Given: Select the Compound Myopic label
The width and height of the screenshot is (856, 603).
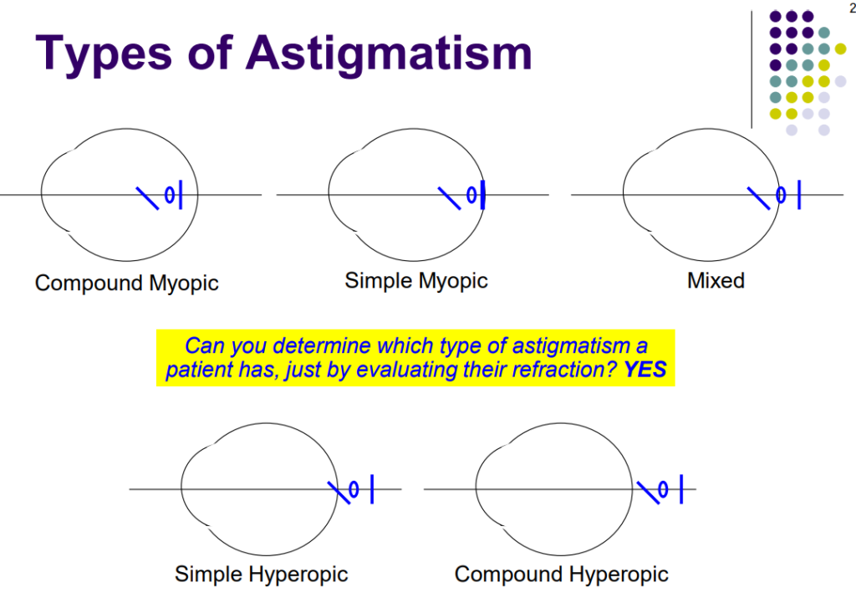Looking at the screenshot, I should tap(127, 284).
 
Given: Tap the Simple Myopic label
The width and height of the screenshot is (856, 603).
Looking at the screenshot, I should tap(416, 281).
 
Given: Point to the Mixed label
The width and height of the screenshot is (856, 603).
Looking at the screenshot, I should tap(716, 281).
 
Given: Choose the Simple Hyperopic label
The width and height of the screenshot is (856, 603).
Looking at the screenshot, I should tap(261, 575).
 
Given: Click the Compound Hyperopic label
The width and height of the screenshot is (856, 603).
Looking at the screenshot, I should tap(561, 575).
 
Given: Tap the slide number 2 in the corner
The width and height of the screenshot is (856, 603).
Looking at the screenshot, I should tap(851, 8).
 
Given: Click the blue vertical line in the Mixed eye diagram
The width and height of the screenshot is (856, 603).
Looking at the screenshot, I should tap(799, 195).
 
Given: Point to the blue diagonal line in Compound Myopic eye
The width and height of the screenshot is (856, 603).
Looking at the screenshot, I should tap(147, 197).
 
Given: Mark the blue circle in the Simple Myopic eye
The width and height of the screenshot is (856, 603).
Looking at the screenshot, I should tap(471, 195).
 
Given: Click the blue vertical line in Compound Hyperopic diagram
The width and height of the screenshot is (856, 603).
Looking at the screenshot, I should tap(682, 489).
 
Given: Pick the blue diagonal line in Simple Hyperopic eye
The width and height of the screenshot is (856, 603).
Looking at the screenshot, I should tap(338, 492).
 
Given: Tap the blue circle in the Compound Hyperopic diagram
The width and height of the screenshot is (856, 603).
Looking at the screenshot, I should tap(664, 489).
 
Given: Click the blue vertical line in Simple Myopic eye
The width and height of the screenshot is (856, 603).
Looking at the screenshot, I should tap(483, 195).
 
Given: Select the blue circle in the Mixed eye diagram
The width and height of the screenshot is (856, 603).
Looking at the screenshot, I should tap(781, 195).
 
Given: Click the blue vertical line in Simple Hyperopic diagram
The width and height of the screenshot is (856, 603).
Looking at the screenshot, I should tap(371, 489).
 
